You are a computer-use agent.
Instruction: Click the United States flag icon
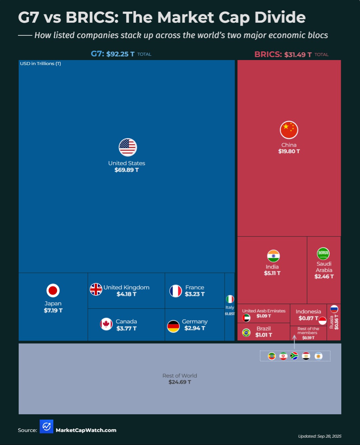[128, 147]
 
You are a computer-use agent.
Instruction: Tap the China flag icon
[289, 130]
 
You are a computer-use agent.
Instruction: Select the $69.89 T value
[126, 170]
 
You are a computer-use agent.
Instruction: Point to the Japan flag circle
[53, 290]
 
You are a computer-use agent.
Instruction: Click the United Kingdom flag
[96, 289]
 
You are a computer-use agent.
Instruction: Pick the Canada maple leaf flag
[106, 324]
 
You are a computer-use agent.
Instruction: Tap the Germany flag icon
[173, 326]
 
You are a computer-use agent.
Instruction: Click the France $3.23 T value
[195, 294]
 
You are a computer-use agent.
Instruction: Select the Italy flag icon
[230, 299]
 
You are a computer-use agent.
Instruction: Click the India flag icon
[273, 256]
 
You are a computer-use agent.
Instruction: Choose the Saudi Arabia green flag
[323, 253]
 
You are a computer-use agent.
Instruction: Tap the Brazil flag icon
[246, 333]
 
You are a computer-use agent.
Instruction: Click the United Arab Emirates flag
[246, 318]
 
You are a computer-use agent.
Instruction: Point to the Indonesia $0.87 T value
[308, 318]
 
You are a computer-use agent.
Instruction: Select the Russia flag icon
[334, 309]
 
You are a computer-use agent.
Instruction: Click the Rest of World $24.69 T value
[180, 382]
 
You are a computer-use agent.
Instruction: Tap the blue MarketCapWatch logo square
[46, 426]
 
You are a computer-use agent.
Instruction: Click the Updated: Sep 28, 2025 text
[319, 436]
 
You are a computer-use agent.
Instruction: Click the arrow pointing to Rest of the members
[294, 342]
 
